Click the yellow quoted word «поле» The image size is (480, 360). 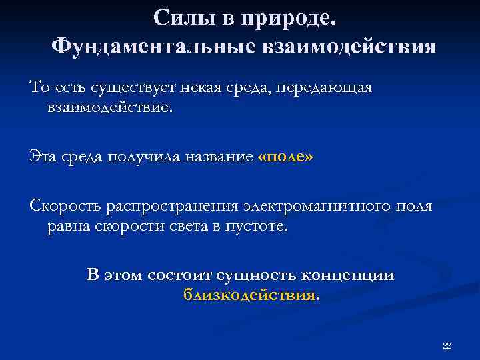(x=284, y=157)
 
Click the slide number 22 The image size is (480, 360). (x=447, y=345)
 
